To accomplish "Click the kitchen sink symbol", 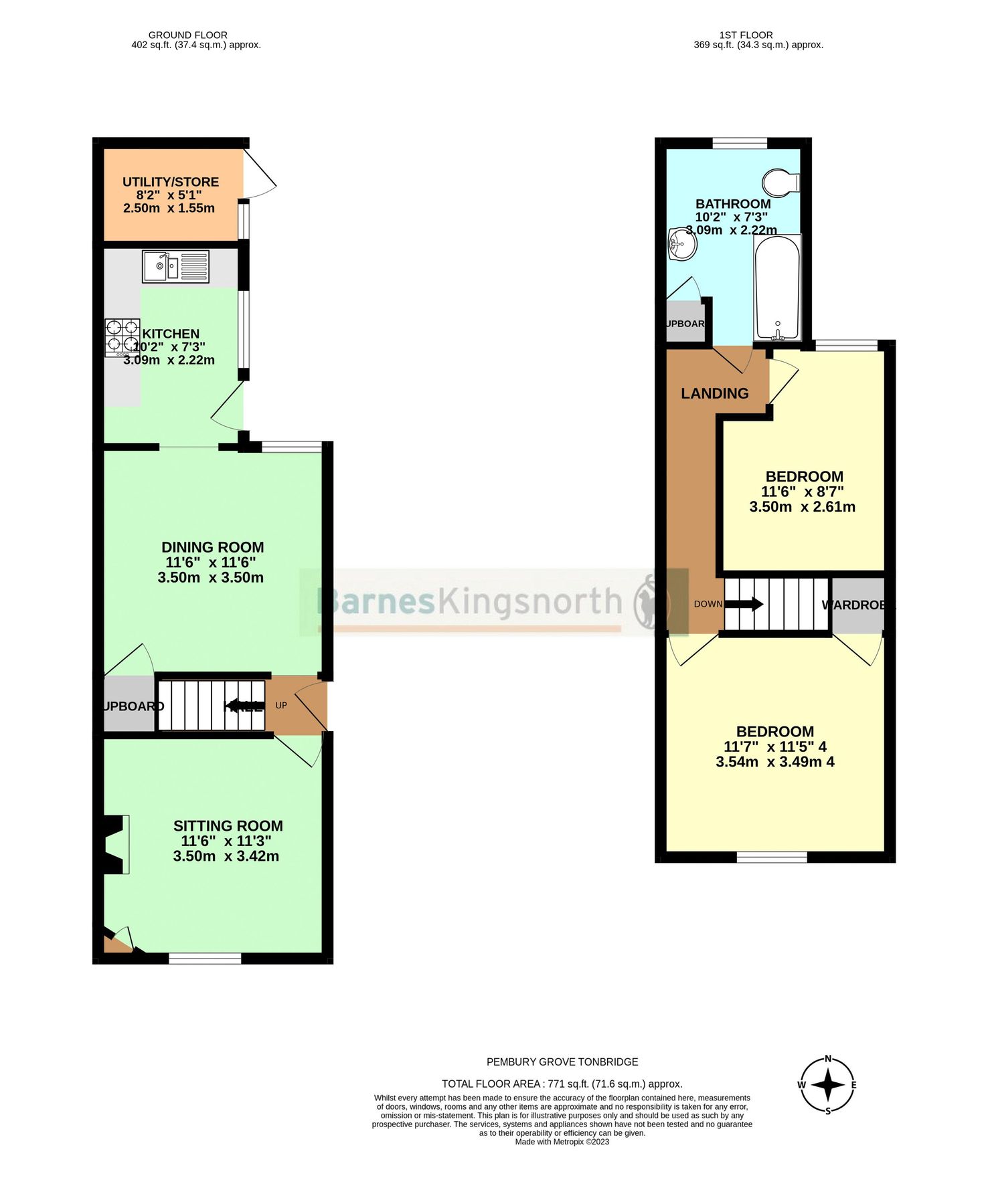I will point(175,266).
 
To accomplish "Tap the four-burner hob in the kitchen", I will point(122,336).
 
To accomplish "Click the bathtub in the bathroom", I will point(777,288).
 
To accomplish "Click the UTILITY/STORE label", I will point(171,182).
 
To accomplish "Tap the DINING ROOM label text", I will point(213,547).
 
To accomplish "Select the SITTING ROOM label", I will point(228,826).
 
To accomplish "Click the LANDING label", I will point(714,393).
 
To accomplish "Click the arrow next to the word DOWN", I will point(744,604).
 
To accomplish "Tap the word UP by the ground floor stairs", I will point(281,706).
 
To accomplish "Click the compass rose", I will point(827,1085).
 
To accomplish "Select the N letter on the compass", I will point(828,1059).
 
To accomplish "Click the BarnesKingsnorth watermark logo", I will point(494,601).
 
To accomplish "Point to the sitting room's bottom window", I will point(205,959).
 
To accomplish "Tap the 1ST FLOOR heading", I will point(746,35).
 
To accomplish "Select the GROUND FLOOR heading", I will point(187,35).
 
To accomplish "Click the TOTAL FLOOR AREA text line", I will point(562,1084).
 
